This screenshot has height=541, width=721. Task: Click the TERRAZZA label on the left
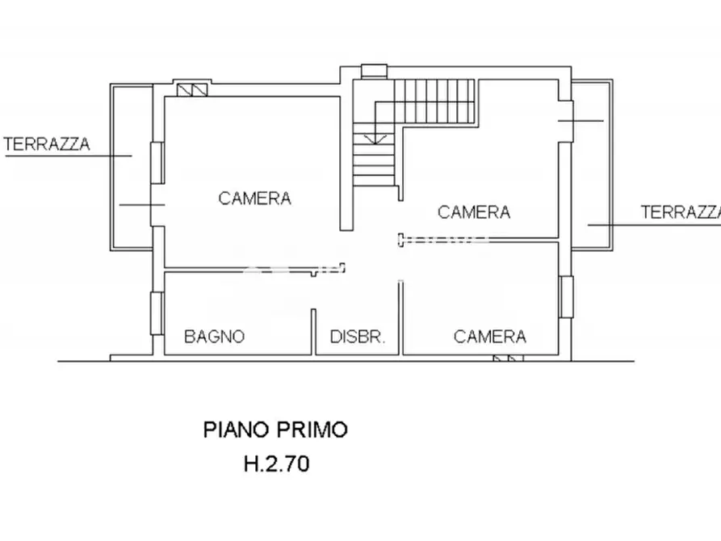[x=47, y=145]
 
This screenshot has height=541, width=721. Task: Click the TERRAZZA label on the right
[x=680, y=212]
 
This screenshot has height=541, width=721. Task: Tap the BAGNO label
[x=214, y=337]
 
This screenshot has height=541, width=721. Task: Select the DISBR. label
[x=358, y=337]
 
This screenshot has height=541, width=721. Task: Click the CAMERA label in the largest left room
[x=254, y=198]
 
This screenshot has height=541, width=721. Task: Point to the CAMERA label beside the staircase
[x=473, y=212]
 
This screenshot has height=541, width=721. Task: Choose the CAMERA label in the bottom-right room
[x=489, y=337]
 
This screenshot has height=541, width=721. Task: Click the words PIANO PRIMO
[x=275, y=429]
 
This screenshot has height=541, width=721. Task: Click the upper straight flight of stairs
[x=435, y=102]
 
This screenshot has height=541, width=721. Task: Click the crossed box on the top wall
[x=192, y=89]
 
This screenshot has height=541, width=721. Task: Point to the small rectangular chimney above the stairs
[x=375, y=71]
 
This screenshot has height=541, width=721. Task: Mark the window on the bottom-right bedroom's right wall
[x=566, y=296]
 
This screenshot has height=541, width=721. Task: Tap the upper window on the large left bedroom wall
[x=159, y=161]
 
